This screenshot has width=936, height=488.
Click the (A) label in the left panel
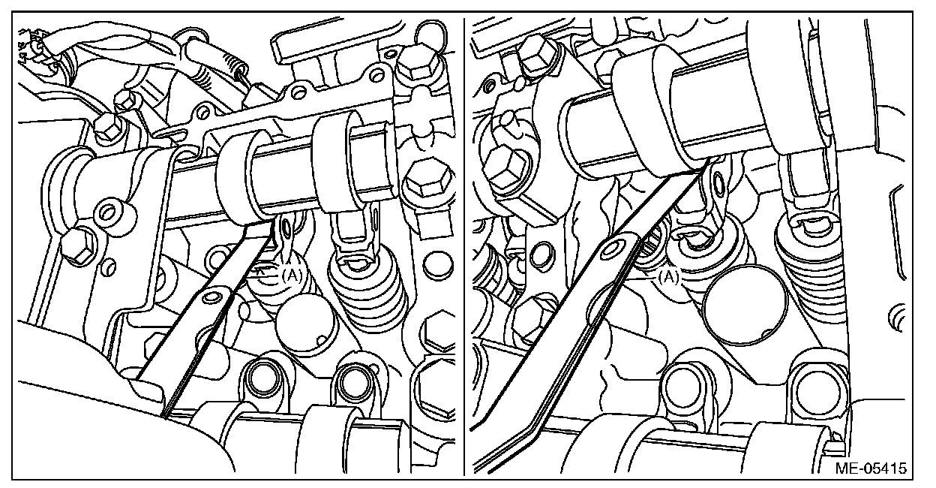click(x=292, y=275)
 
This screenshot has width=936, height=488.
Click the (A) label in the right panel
click(x=668, y=277)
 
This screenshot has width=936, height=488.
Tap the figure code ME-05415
click(x=871, y=468)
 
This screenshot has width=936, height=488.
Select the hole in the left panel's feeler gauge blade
click(x=210, y=297)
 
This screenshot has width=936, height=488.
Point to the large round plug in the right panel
click(x=745, y=305)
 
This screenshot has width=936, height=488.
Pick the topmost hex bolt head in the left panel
click(x=416, y=63)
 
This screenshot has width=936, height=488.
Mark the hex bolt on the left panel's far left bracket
click(x=78, y=246)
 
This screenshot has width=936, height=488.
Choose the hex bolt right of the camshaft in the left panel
click(x=428, y=179)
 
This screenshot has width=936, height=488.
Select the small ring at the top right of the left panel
click(x=430, y=32)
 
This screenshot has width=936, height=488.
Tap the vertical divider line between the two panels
click(x=463, y=247)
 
